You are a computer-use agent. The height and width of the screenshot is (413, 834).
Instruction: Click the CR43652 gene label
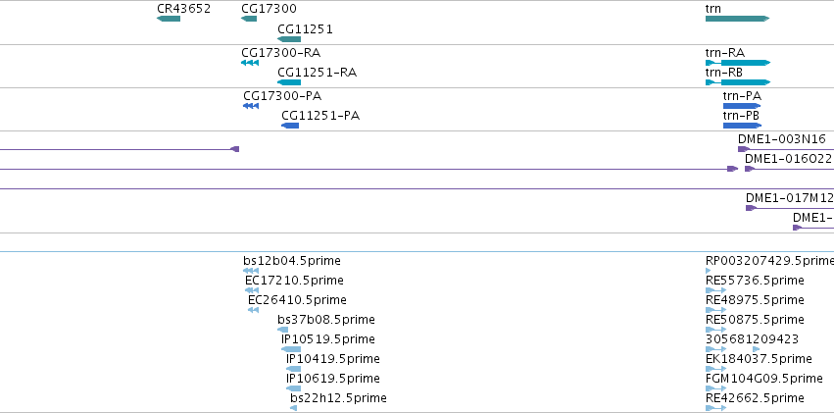(x=183, y=9)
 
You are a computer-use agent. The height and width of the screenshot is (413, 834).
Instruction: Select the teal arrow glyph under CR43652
(x=169, y=19)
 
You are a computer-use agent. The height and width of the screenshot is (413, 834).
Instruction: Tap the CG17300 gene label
(x=269, y=9)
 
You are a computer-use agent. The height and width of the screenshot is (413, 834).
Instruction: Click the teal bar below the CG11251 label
(x=289, y=39)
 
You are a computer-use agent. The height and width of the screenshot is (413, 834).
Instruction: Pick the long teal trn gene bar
(x=737, y=19)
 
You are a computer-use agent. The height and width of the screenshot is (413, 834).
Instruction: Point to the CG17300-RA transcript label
(x=281, y=53)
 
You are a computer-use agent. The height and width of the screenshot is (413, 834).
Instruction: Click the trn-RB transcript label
(x=724, y=73)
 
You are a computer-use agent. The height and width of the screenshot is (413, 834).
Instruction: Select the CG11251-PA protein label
(x=320, y=116)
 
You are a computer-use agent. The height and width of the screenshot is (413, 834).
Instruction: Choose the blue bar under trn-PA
(x=742, y=106)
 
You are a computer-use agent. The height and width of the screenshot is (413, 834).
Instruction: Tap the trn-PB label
(x=741, y=116)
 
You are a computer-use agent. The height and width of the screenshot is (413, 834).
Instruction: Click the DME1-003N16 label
(x=781, y=139)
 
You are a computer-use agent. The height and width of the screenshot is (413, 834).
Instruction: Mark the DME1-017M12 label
(x=789, y=198)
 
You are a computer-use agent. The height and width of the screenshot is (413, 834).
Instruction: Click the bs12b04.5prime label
(x=292, y=261)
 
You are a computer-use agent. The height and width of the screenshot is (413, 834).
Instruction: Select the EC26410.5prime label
(x=297, y=300)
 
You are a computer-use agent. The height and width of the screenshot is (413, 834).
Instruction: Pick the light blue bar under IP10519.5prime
(x=291, y=349)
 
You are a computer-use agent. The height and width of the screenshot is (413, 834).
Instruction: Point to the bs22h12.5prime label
(x=338, y=398)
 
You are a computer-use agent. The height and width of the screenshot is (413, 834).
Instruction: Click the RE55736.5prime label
(x=755, y=281)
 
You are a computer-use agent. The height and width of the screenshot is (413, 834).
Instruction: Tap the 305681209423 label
(x=752, y=339)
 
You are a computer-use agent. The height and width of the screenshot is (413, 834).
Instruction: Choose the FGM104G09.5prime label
(x=763, y=379)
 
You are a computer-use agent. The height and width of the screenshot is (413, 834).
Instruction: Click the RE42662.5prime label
(x=755, y=398)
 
